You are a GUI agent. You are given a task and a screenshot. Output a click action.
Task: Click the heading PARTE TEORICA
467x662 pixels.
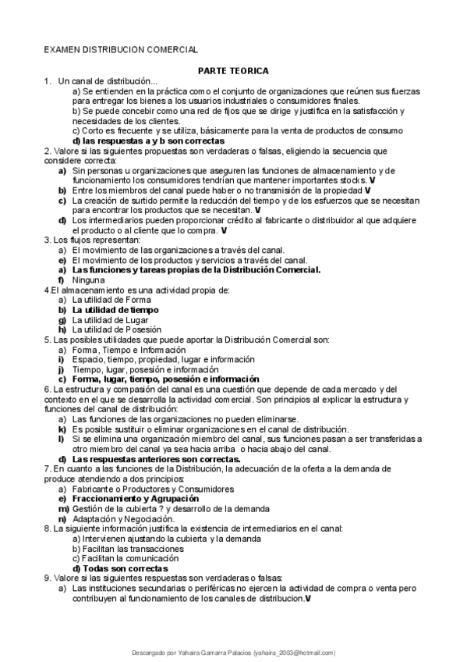click(x=233, y=70)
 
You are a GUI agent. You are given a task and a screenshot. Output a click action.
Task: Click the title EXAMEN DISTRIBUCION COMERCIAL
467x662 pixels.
click(x=120, y=48)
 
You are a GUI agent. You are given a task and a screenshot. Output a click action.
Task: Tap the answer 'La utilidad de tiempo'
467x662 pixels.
click(x=115, y=310)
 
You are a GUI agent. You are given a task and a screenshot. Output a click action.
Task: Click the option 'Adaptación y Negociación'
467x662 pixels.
click(x=123, y=518)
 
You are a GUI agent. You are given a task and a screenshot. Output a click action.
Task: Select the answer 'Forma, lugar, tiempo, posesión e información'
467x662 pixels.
click(x=165, y=379)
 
